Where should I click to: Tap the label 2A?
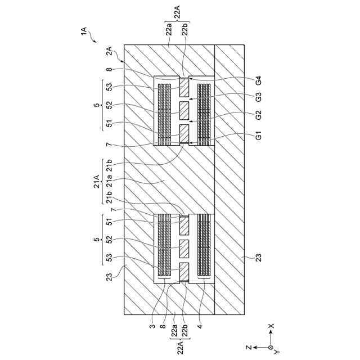coord(110,51)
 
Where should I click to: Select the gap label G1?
coord(258,136)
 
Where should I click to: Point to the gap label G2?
coord(258,116)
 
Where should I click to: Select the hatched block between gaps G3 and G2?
coord(184,110)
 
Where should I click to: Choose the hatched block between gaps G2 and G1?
coord(184,133)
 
